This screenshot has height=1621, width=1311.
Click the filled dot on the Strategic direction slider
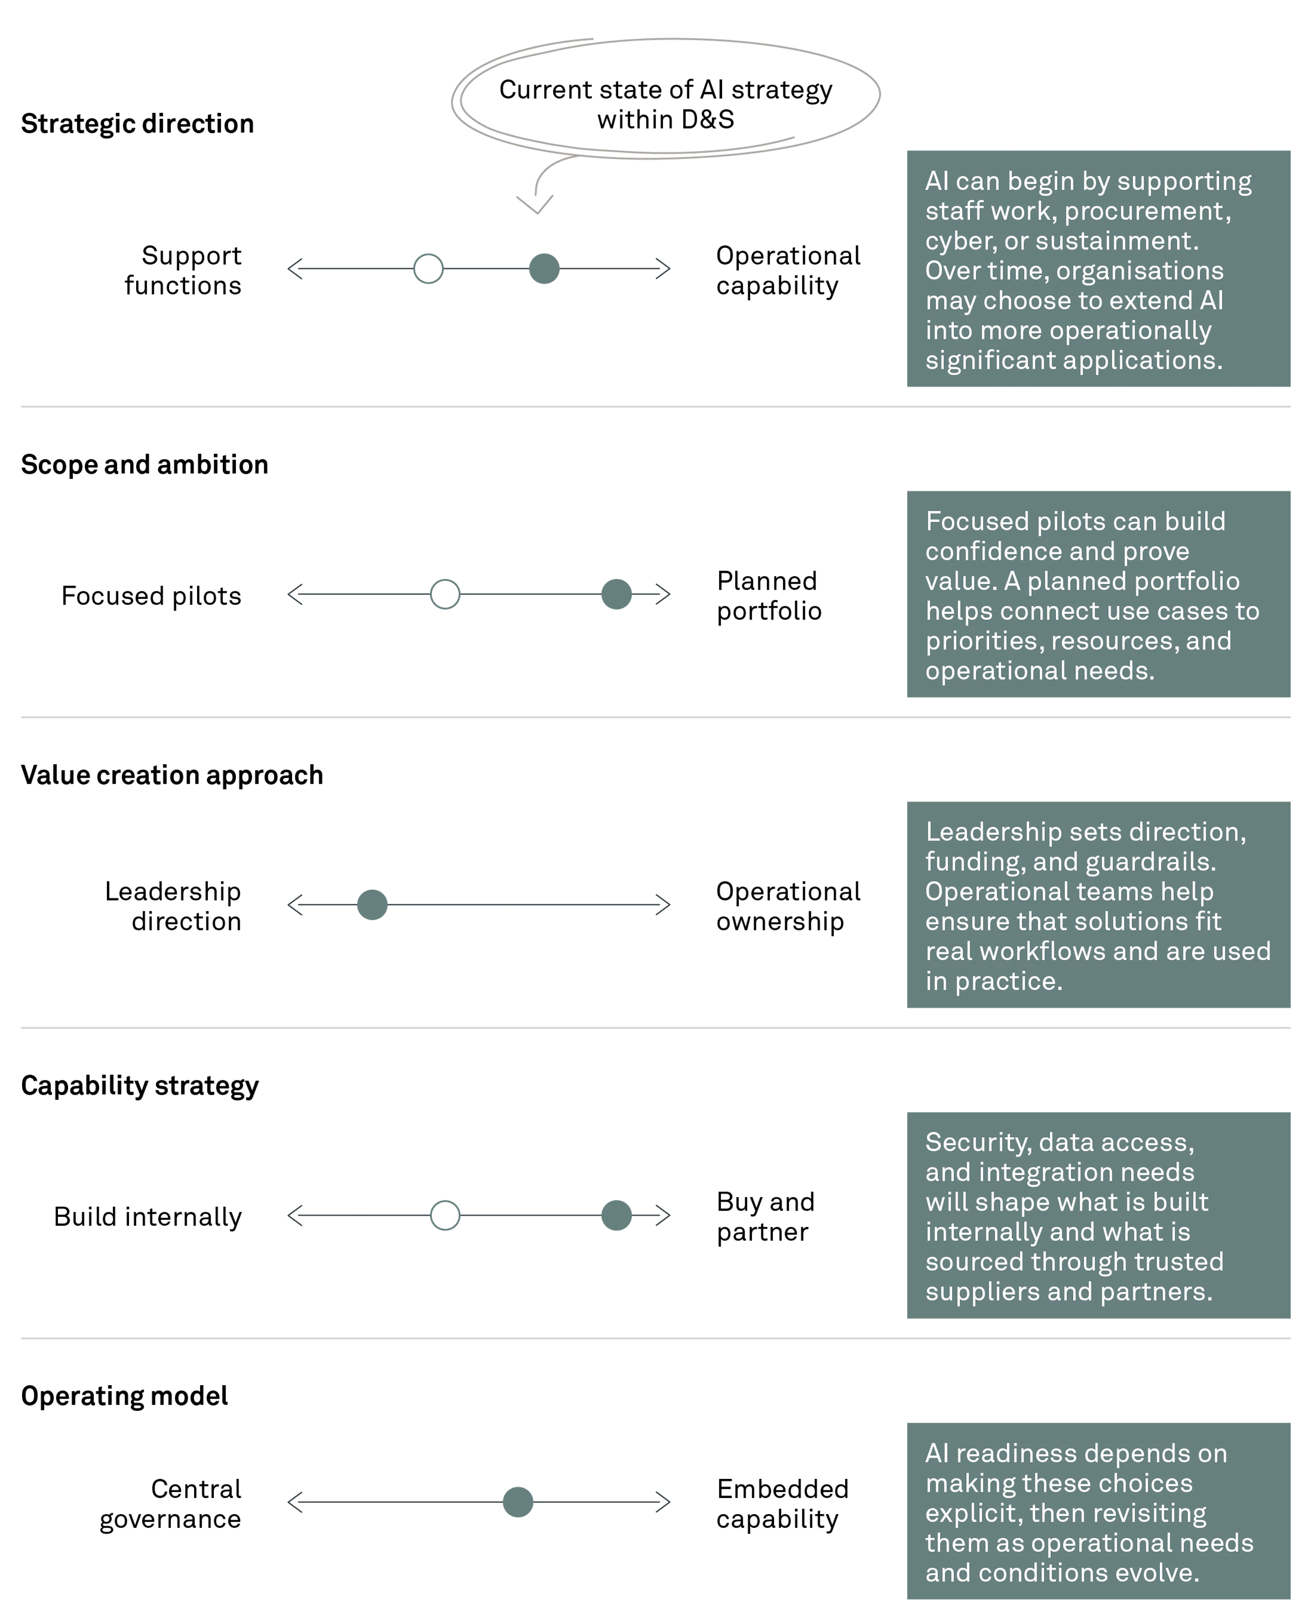(x=544, y=269)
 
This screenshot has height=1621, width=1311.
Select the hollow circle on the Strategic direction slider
(x=428, y=269)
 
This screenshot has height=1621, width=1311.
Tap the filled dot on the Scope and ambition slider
(x=616, y=594)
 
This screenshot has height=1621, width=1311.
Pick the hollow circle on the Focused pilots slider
(x=445, y=594)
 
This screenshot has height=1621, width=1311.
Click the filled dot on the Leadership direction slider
(x=372, y=904)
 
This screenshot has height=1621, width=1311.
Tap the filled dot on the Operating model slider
(x=518, y=1502)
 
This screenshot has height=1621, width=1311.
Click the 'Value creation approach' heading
(x=172, y=775)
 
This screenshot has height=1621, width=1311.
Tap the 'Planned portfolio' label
(x=769, y=596)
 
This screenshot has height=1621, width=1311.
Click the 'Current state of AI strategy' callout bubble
(x=665, y=98)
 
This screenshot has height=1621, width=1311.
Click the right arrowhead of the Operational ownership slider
(x=663, y=904)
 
